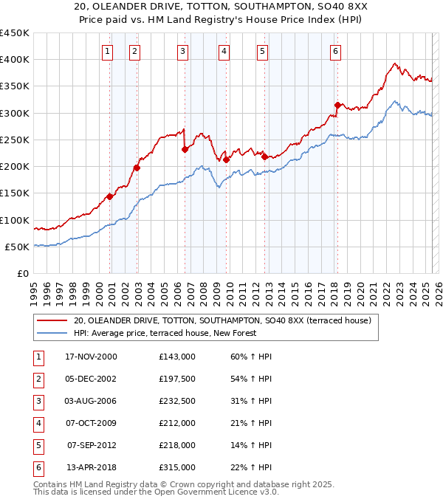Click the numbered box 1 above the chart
(108, 51)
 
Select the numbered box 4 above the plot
(223, 51)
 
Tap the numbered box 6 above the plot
(335, 51)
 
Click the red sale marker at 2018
(337, 105)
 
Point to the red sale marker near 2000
(109, 196)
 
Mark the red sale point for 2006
(185, 149)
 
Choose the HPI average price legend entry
(165, 334)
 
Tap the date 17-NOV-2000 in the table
(92, 357)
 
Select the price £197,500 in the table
(177, 379)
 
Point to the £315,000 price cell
(177, 467)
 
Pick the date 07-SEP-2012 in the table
(92, 445)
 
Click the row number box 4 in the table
(38, 423)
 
